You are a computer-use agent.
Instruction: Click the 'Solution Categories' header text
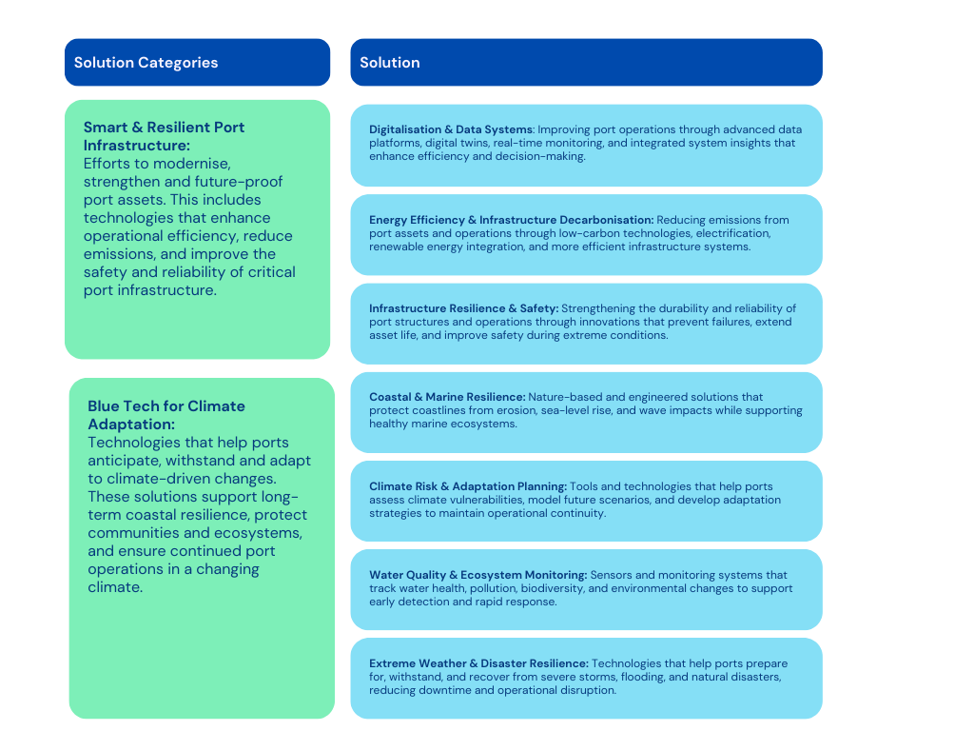pyautogui.click(x=146, y=63)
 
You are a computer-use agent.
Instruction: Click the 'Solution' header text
pyautogui.click(x=390, y=63)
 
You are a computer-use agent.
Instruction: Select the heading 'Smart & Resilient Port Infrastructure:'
pyautogui.click(x=164, y=136)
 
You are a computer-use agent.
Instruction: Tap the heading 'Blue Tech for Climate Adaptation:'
pyautogui.click(x=166, y=415)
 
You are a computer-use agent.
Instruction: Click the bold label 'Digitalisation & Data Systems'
pyautogui.click(x=451, y=129)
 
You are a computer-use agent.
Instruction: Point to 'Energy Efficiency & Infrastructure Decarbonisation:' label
pyautogui.click(x=511, y=220)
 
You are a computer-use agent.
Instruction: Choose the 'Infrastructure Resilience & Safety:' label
pyautogui.click(x=464, y=308)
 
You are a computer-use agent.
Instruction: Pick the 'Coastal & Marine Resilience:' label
pyautogui.click(x=447, y=397)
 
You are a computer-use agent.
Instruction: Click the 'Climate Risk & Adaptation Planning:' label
pyautogui.click(x=468, y=486)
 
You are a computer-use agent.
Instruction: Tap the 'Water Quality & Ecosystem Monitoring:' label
pyautogui.click(x=477, y=575)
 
